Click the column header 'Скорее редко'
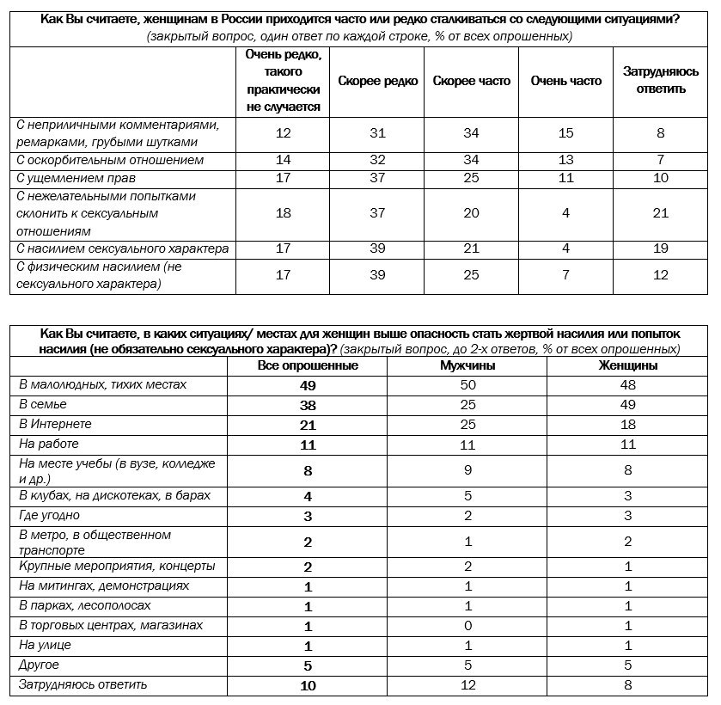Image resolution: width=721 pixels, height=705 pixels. [x=377, y=81]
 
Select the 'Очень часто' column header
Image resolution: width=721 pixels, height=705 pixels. [x=565, y=81]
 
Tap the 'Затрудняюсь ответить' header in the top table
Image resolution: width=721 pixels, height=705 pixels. [x=661, y=81]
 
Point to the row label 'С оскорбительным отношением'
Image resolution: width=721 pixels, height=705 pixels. [x=110, y=160]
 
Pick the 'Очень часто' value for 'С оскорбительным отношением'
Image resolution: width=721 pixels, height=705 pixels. [x=565, y=160]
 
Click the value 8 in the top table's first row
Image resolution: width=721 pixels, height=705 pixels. [x=661, y=133]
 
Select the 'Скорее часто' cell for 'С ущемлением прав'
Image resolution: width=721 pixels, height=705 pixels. [x=471, y=178]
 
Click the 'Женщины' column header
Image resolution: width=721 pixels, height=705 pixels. [x=628, y=365]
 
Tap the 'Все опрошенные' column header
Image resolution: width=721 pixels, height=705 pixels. [x=308, y=365]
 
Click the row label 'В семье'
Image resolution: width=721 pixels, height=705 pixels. [x=43, y=404]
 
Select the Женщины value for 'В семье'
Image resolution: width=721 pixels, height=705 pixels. [x=628, y=404]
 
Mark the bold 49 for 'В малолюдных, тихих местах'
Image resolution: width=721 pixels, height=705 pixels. [x=308, y=385]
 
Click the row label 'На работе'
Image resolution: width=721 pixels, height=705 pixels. [x=49, y=444]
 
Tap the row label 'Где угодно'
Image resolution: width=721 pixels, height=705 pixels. [x=50, y=515]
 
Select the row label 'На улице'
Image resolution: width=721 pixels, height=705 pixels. [x=45, y=645]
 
